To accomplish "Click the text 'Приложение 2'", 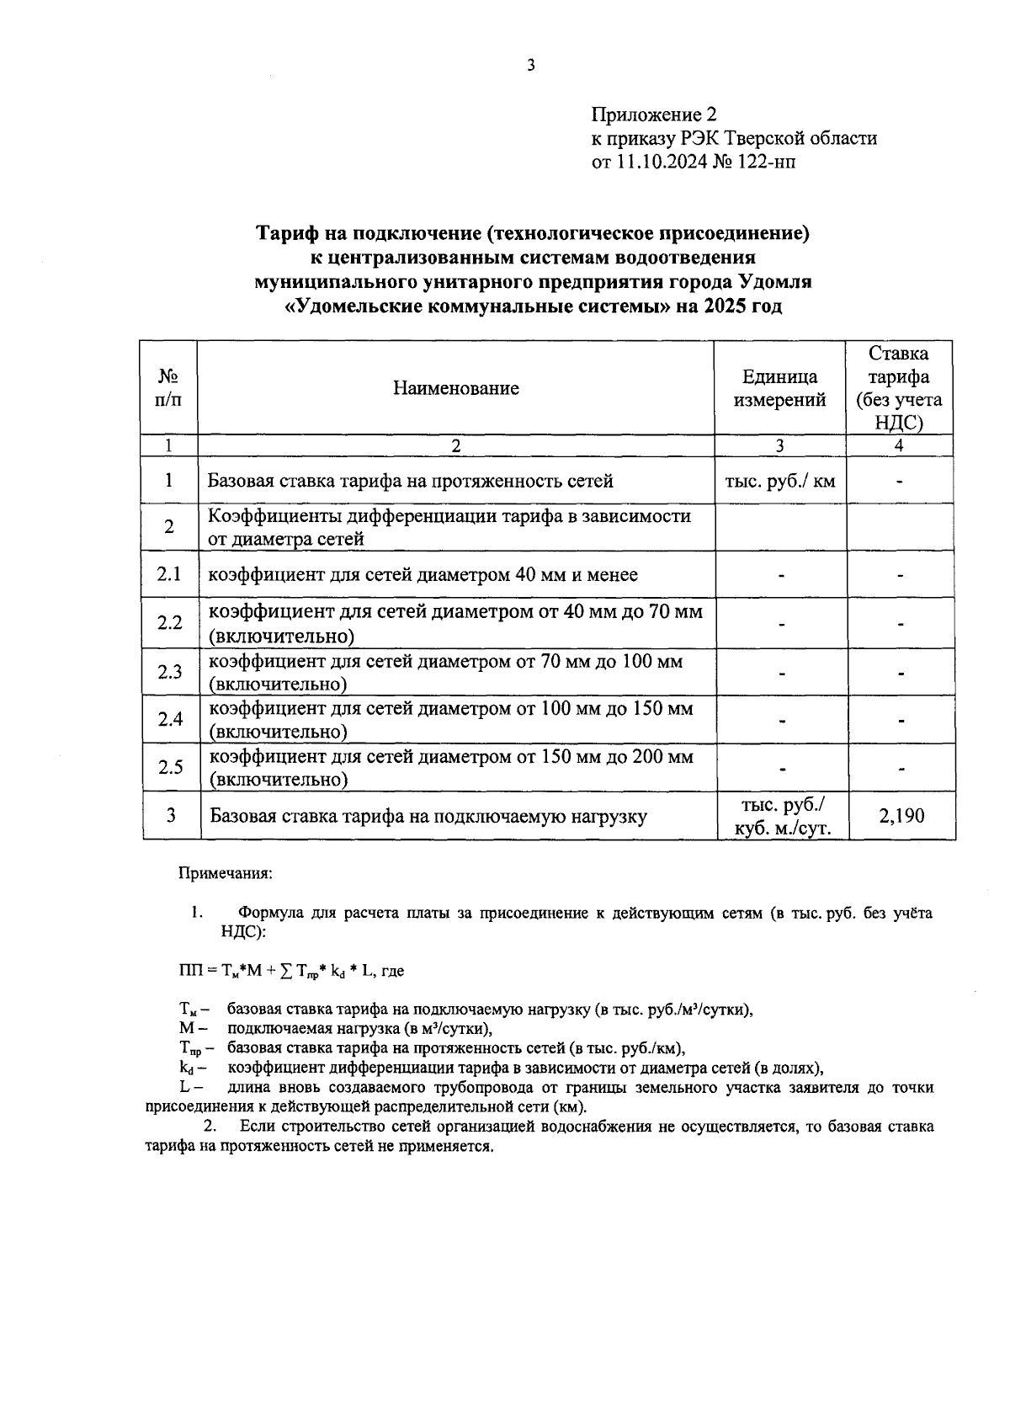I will point(654,115).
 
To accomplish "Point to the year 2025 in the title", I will point(726,306).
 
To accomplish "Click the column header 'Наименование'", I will point(455,388).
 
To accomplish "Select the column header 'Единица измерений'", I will point(779,388).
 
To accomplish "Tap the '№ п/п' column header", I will point(168,388).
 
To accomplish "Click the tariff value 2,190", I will point(901,816).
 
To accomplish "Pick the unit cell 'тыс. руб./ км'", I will point(779,482).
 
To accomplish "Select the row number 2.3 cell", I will point(169,672).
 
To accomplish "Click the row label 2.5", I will point(170,767).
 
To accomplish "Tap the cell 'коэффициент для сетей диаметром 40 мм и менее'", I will point(423,575).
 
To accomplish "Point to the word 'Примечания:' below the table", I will point(225,874).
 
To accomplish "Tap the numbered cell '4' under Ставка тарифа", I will point(900,446).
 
